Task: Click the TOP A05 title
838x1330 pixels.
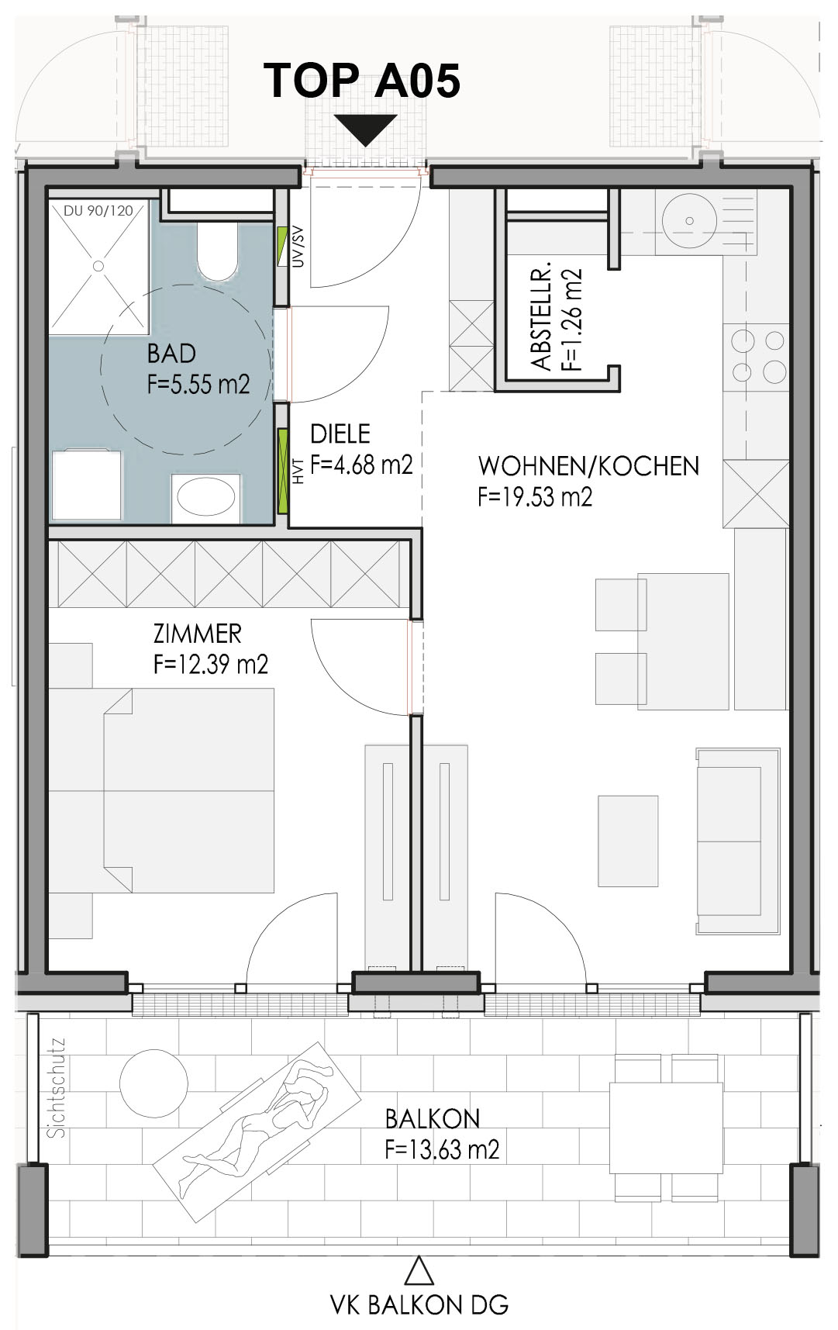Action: [362, 80]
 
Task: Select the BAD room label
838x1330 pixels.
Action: [171, 354]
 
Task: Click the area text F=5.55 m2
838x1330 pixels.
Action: [198, 384]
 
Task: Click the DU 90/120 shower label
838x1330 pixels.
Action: [98, 209]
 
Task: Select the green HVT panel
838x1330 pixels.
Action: [283, 469]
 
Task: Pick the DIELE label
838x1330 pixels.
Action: [340, 433]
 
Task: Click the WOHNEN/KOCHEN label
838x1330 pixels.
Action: [588, 466]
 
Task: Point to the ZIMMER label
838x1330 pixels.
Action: [198, 634]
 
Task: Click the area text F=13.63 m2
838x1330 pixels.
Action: [442, 1149]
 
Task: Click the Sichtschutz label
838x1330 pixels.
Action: [57, 1089]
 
